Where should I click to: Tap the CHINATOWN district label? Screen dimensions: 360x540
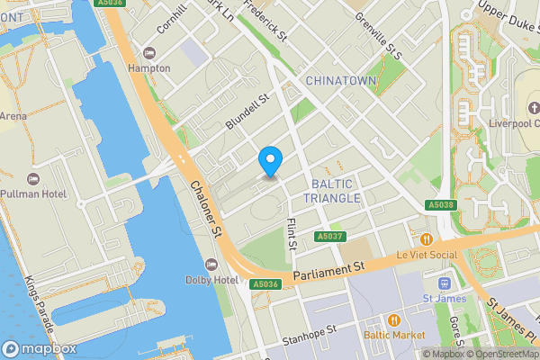tap(340, 81)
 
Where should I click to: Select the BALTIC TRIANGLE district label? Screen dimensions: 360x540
tap(332, 191)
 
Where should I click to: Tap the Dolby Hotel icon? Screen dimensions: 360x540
tap(212, 263)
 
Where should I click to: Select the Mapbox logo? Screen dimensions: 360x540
tap(39, 349)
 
